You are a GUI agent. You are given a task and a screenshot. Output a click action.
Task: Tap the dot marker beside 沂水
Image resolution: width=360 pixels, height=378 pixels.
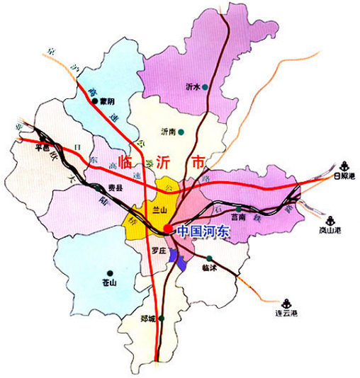(206, 87)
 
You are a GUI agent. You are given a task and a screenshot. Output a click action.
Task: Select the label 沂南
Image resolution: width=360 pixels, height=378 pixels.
(169, 132)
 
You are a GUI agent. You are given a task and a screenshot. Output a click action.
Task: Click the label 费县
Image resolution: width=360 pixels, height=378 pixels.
(115, 188)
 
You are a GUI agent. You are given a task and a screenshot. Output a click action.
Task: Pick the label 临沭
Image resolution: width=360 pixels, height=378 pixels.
(208, 268)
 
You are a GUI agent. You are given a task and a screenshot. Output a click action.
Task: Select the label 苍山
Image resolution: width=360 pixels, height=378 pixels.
(108, 282)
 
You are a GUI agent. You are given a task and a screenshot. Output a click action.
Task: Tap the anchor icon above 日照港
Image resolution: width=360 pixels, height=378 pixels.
(344, 164)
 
